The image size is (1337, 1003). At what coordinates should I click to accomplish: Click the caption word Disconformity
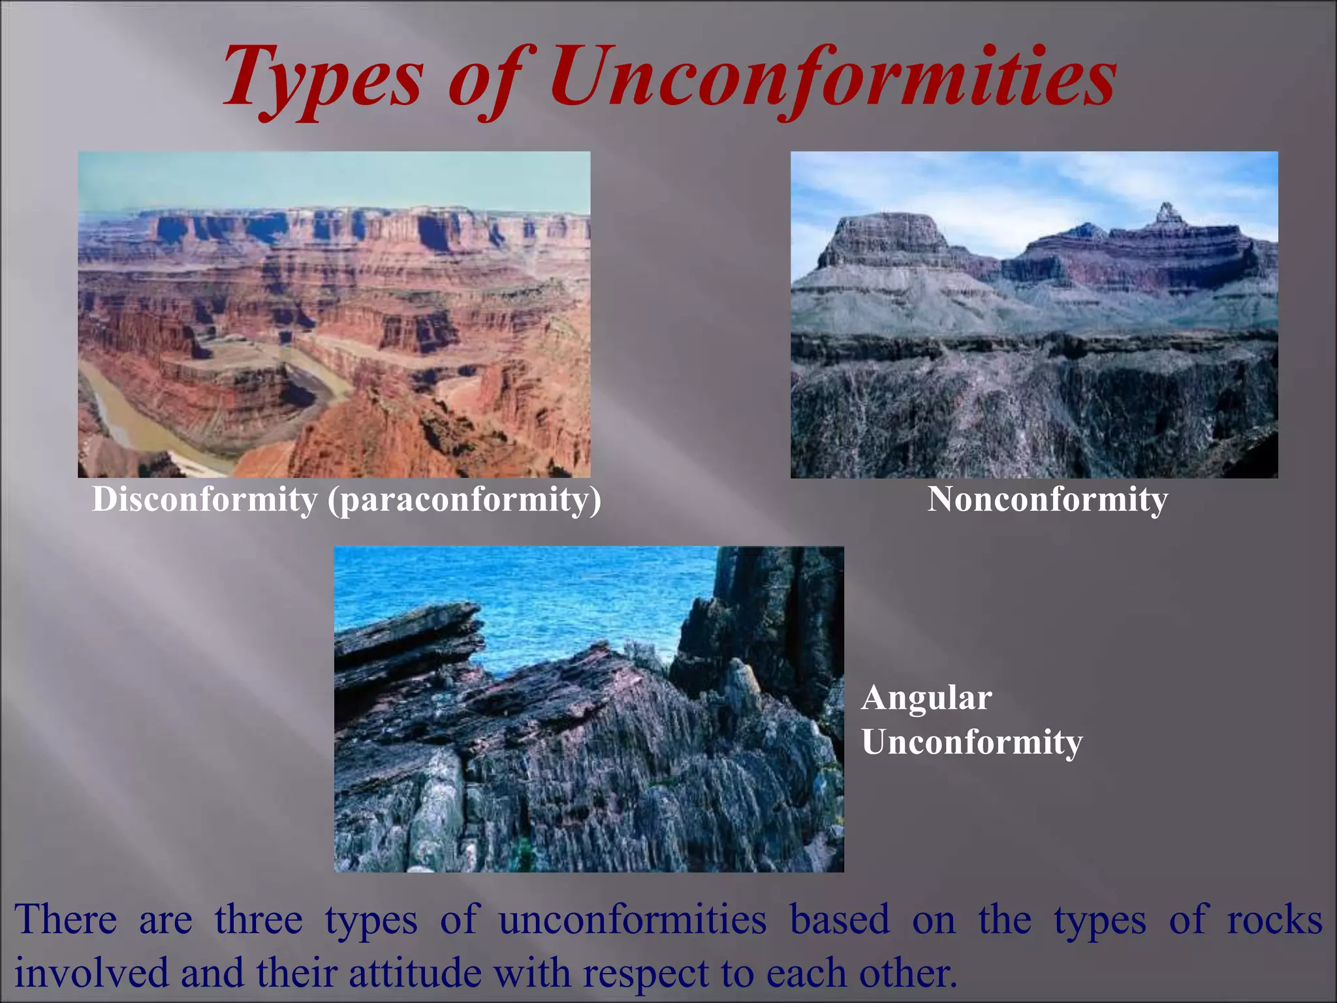tap(204, 500)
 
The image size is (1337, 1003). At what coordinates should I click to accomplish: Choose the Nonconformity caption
tap(1047, 500)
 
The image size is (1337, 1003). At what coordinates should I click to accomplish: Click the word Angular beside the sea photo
tap(926, 697)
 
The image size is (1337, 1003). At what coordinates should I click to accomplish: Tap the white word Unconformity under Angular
tap(971, 742)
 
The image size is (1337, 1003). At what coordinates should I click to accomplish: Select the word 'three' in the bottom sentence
tap(259, 919)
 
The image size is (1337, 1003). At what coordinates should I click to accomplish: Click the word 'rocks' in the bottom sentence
tap(1274, 919)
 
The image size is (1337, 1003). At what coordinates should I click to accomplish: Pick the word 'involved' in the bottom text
tap(91, 973)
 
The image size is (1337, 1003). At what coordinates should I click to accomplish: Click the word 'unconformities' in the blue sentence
tap(632, 919)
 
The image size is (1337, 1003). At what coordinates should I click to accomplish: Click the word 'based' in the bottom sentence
tap(840, 919)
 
